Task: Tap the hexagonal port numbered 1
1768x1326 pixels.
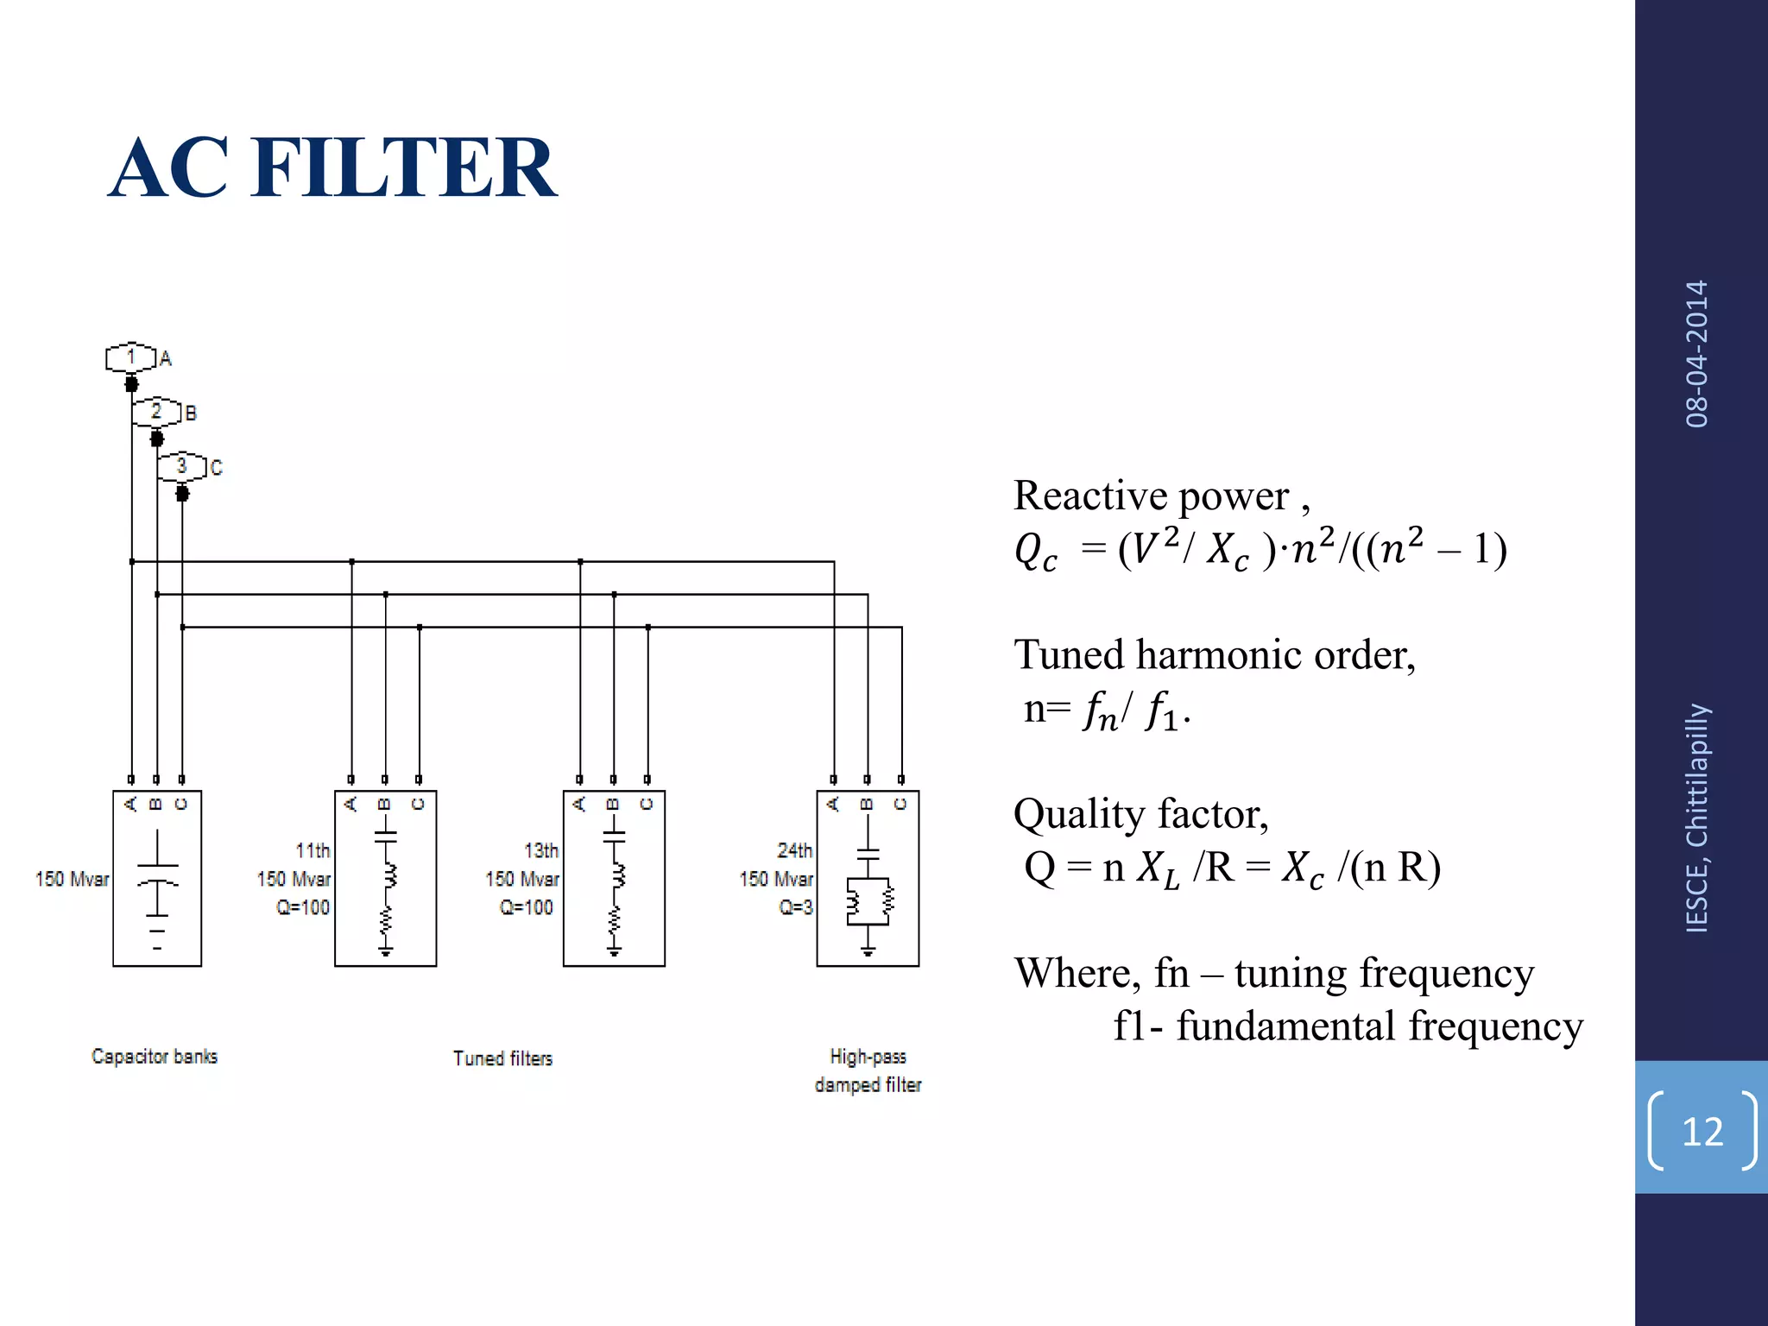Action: coord(131,357)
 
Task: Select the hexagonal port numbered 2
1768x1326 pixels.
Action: coord(156,412)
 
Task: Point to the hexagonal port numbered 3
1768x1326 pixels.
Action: coord(181,466)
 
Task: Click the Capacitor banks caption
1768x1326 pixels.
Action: coord(155,1057)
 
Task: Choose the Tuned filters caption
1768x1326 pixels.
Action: coord(502,1058)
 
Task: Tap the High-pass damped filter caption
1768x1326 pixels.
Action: coord(868,1070)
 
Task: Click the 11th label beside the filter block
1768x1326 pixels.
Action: coord(313,850)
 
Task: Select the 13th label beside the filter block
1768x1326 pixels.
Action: coord(541,850)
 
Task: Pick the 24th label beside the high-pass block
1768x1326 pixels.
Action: coord(794,850)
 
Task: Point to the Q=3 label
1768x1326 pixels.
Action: coord(796,907)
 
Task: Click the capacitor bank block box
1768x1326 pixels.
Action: coord(157,878)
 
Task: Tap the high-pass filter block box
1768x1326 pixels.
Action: coord(868,878)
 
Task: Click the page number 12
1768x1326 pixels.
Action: coord(1702,1131)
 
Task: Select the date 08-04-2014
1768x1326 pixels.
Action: coord(1697,354)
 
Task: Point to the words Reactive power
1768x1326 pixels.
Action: coord(1152,496)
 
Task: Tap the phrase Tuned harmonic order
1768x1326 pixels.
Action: coord(1214,655)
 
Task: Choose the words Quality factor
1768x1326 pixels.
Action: coord(1140,814)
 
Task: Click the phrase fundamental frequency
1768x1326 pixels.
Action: coord(1380,1026)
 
